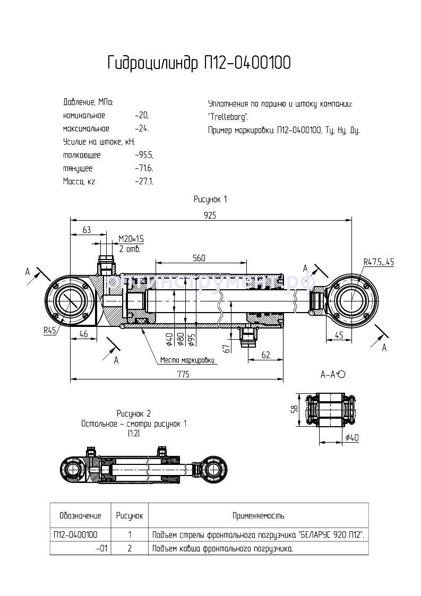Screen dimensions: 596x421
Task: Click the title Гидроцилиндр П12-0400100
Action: click(x=199, y=64)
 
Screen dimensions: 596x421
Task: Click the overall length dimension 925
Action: click(x=211, y=215)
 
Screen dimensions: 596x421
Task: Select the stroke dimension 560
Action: click(x=199, y=258)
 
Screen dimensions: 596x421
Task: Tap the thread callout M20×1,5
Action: click(x=131, y=239)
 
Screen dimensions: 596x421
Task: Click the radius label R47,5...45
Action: click(x=379, y=262)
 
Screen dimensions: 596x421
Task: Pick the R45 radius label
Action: click(x=50, y=330)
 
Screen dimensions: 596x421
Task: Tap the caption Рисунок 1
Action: click(x=210, y=199)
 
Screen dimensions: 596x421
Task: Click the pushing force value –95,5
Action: click(x=144, y=156)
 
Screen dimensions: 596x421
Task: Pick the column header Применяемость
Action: click(x=258, y=515)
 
